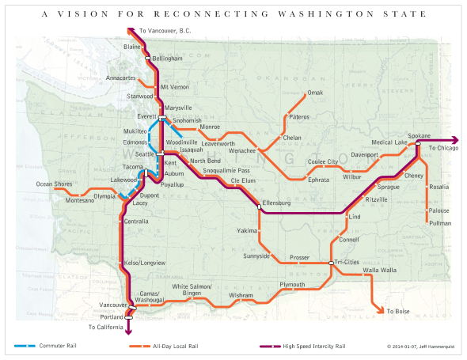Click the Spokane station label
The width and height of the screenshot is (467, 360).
pyautogui.click(x=418, y=135)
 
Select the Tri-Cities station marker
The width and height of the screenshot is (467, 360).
pyautogui.click(x=331, y=263)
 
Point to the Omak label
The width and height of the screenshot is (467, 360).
pyautogui.click(x=315, y=93)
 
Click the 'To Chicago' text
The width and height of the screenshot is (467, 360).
pyautogui.click(x=443, y=149)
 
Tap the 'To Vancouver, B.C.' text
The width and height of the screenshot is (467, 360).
pyautogui.click(x=165, y=30)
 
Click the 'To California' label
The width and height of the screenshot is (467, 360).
pyautogui.click(x=106, y=327)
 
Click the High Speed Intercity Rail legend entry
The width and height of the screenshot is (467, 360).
pyautogui.click(x=304, y=346)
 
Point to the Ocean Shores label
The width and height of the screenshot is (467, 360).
pyautogui.click(x=54, y=184)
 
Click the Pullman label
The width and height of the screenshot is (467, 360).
pyautogui.click(x=439, y=224)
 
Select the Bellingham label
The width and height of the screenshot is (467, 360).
pyautogui.click(x=167, y=58)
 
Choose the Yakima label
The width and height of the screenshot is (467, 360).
pyautogui.click(x=246, y=230)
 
